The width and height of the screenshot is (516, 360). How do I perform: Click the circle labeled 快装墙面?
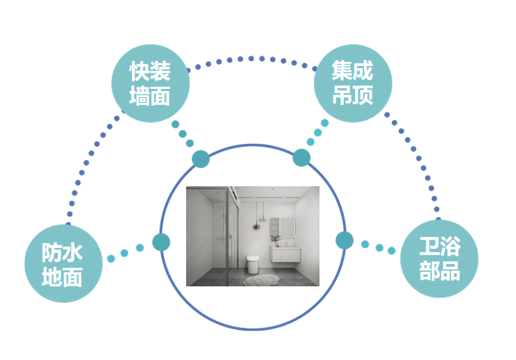[150, 83]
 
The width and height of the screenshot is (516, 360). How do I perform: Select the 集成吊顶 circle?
[353, 83]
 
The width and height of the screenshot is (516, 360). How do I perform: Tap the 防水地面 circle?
[63, 263]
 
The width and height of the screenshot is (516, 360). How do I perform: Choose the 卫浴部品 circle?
[439, 258]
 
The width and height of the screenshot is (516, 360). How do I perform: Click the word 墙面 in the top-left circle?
[150, 96]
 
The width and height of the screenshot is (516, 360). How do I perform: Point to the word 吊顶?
[353, 95]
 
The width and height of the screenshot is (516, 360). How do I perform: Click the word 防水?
[63, 251]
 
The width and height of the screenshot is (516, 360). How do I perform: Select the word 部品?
[439, 270]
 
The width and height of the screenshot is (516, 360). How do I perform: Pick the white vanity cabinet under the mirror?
[285, 254]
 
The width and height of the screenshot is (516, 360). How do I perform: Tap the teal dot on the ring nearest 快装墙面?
[200, 158]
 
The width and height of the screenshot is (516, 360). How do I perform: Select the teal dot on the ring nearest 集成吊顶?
[301, 158]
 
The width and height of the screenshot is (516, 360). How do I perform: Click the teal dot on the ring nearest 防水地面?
[161, 242]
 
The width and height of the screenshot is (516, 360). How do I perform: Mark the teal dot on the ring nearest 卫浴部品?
[344, 240]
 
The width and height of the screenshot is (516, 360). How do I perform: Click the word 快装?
[150, 70]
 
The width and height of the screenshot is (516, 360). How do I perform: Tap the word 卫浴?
[439, 245]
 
